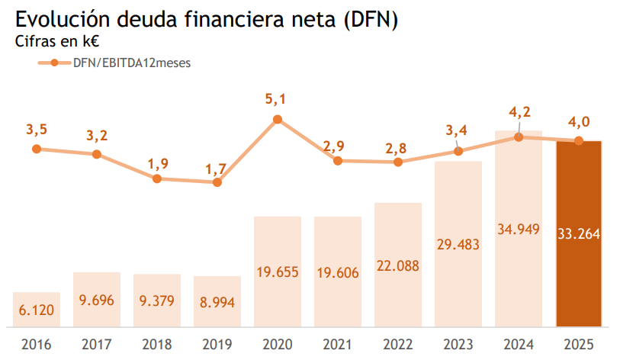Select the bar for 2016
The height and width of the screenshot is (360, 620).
tap(37, 309)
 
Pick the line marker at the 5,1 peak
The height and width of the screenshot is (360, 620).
tap(278, 119)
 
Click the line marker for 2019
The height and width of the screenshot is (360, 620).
tap(217, 182)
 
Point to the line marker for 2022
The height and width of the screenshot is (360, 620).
tap(397, 162)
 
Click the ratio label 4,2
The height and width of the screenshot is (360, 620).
tap(519, 112)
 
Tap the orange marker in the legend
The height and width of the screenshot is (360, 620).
tap(54, 63)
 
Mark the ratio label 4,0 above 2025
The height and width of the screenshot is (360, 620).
tap(579, 121)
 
